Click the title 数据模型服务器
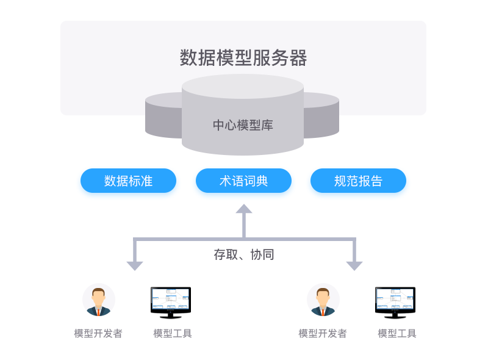click(x=243, y=58)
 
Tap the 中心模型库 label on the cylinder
click(x=243, y=126)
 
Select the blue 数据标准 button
click(x=128, y=181)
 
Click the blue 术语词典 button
click(x=243, y=181)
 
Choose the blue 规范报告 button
click(x=358, y=181)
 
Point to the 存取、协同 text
click(x=243, y=254)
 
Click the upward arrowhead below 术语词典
click(x=244, y=209)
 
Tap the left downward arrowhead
click(x=135, y=265)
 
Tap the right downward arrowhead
click(x=354, y=265)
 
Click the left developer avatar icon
click(x=98, y=301)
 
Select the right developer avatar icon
click(x=323, y=301)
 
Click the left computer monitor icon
click(x=171, y=302)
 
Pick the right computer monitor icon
click(x=395, y=302)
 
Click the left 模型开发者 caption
click(x=98, y=334)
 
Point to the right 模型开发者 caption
click(x=323, y=334)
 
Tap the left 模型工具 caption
click(x=173, y=334)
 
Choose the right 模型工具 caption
click(x=397, y=334)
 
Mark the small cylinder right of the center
click(x=321, y=116)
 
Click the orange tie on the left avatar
click(x=98, y=312)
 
